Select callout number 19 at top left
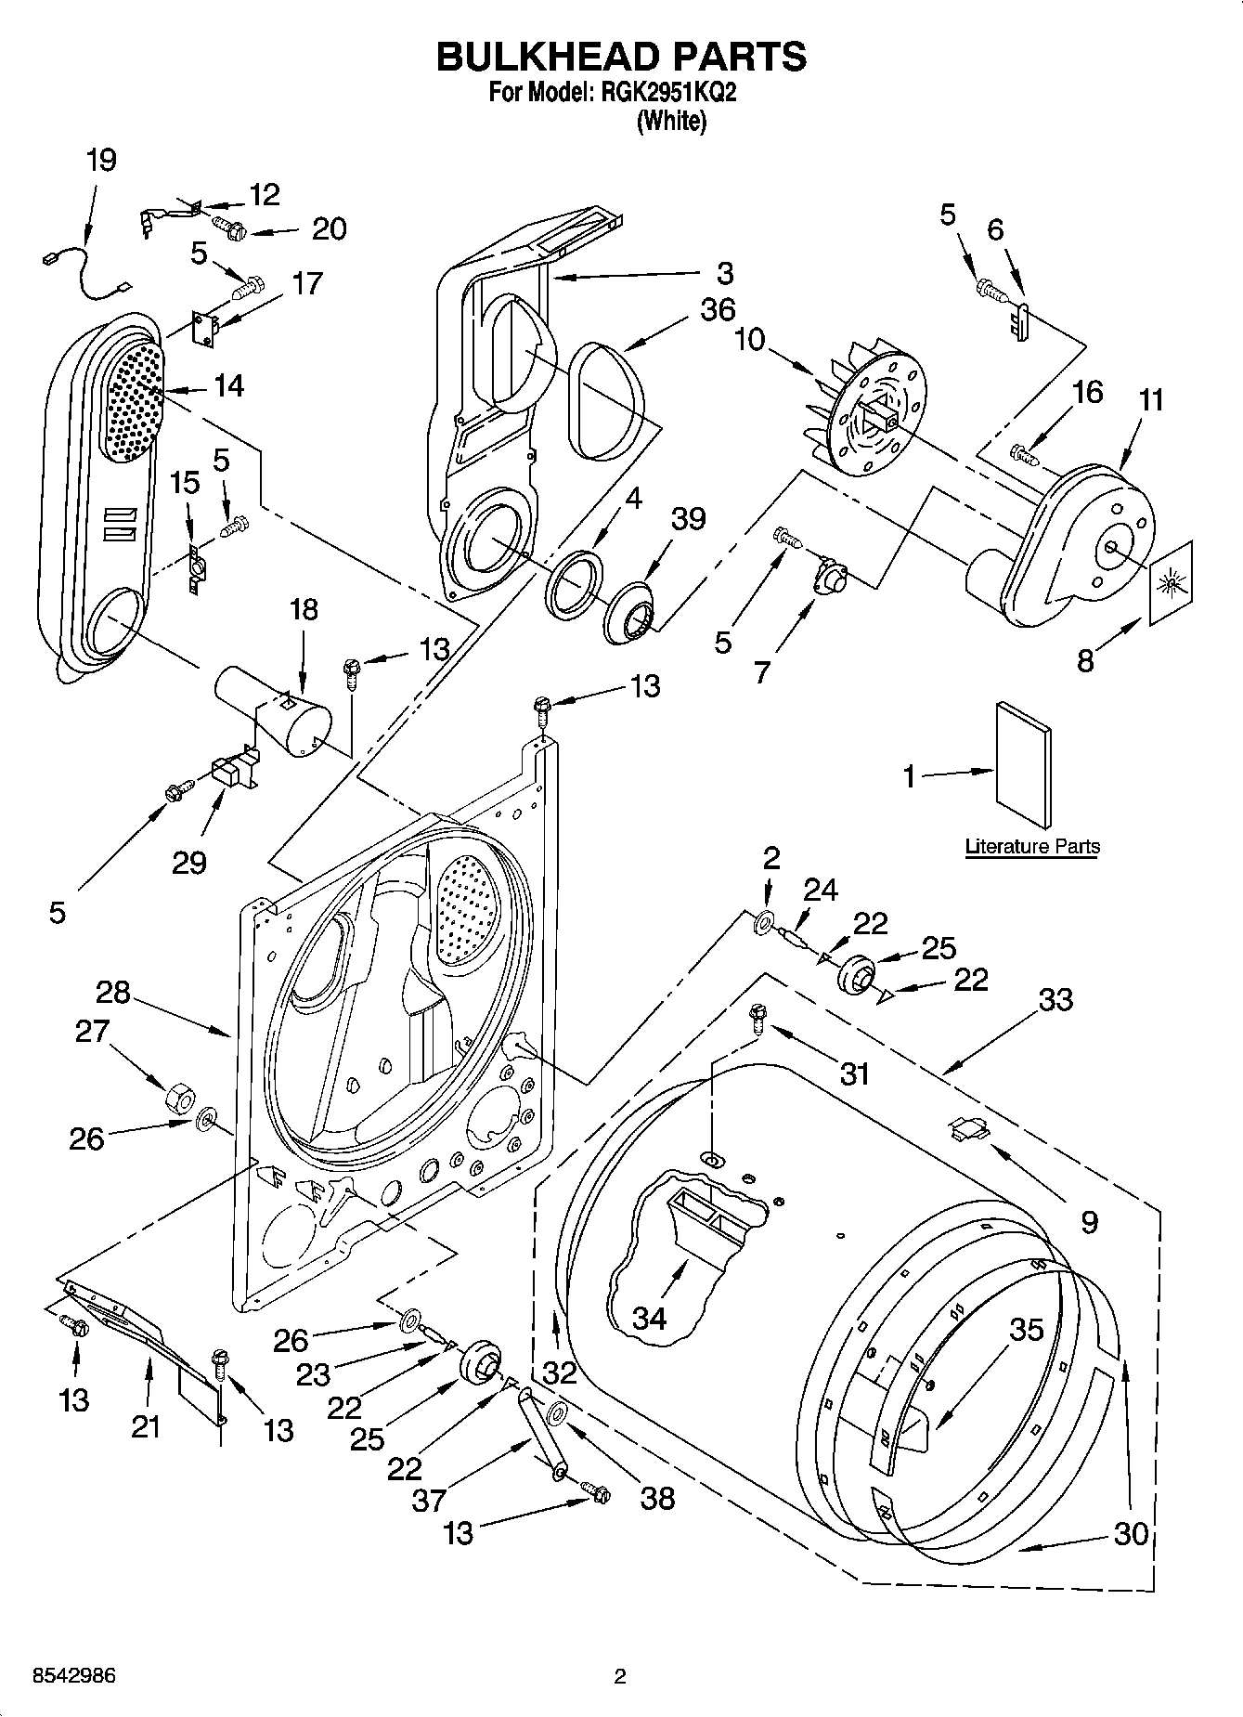(x=101, y=160)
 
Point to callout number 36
(x=718, y=309)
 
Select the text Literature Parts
(x=1032, y=846)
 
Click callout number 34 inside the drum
(x=649, y=1317)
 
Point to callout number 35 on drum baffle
(x=1027, y=1330)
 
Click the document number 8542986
(x=73, y=1676)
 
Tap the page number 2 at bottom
(x=620, y=1676)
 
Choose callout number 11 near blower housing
(x=1151, y=400)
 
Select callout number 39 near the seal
(x=688, y=518)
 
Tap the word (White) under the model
(x=670, y=121)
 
